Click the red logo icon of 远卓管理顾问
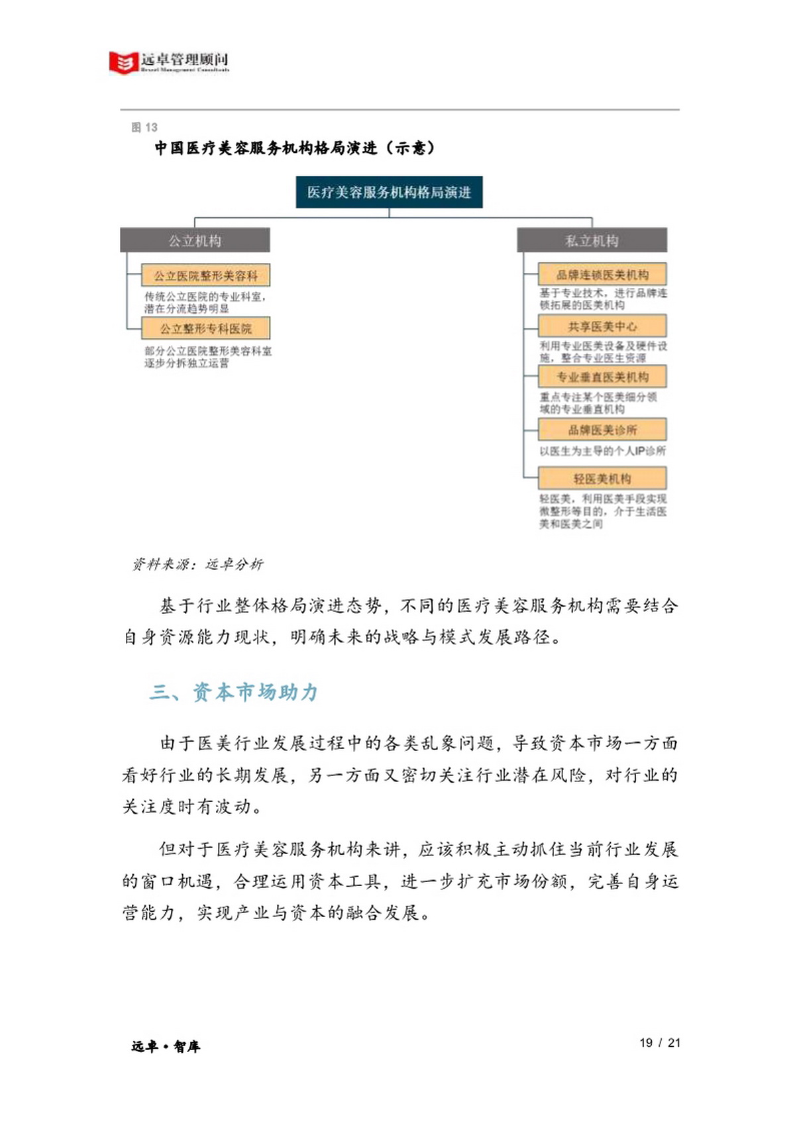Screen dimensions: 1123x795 123,62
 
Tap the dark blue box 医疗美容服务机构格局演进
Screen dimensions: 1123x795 389,192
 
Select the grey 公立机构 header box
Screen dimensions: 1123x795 195,240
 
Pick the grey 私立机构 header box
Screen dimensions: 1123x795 592,240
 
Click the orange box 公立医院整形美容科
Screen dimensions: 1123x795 206,275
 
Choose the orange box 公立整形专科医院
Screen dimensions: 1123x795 206,328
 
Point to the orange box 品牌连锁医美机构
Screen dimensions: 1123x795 602,274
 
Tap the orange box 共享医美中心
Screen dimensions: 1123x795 602,326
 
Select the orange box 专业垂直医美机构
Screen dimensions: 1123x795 602,377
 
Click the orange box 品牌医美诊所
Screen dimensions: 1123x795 602,430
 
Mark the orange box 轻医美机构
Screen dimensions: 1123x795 602,478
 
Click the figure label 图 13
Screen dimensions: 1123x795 144,127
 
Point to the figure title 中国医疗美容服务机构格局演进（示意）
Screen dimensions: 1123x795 295,148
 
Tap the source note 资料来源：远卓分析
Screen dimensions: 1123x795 197,564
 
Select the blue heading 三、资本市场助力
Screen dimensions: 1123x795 234,692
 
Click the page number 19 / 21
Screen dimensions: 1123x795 660,1043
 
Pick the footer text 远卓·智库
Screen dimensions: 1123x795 166,1046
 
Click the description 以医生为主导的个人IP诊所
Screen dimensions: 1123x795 602,451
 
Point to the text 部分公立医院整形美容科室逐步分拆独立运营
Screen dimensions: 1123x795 207,357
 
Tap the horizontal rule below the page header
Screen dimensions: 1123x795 399,109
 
